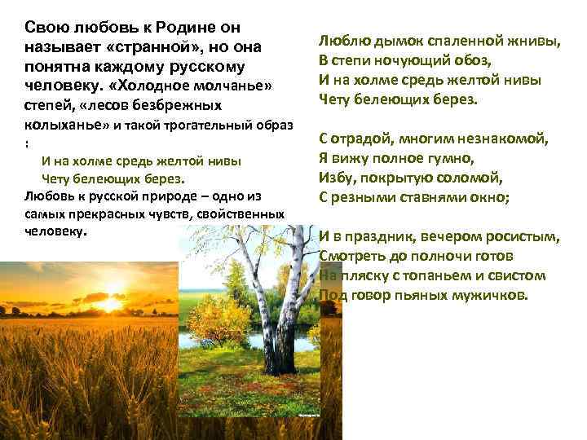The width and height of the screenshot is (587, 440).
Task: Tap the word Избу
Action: pyautogui.click(x=335, y=177)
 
